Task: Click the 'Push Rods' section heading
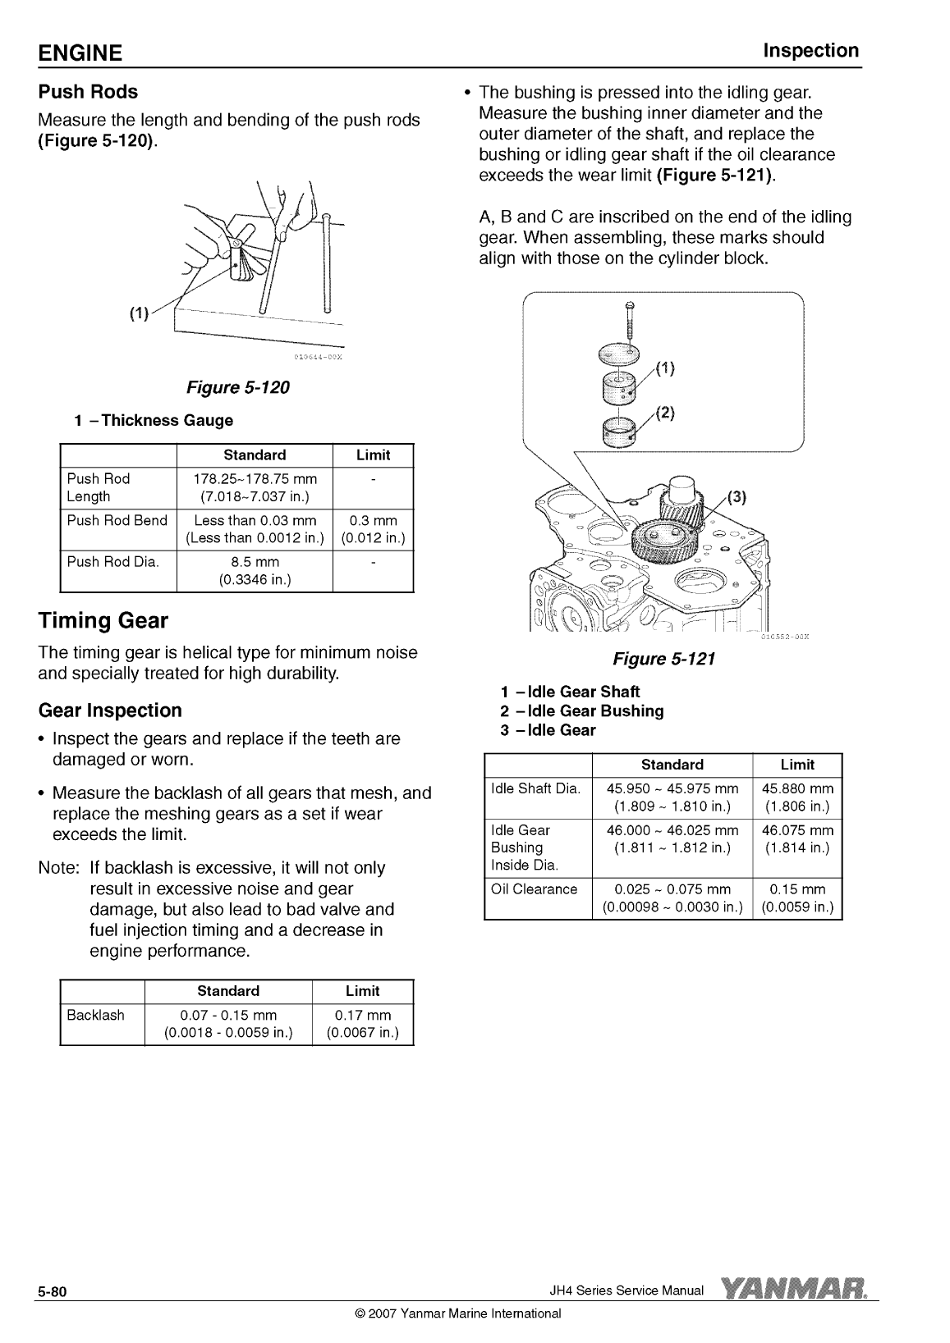click(88, 92)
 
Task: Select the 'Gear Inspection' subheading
click(110, 710)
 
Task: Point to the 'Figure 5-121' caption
click(663, 660)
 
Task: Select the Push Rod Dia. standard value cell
click(255, 571)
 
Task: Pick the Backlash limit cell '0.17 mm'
click(362, 1023)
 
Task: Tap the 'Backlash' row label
click(96, 1016)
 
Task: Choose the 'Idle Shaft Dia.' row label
click(535, 789)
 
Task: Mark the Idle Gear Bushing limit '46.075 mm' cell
click(797, 839)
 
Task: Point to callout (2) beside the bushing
click(665, 413)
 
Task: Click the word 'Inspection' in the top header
click(810, 51)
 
